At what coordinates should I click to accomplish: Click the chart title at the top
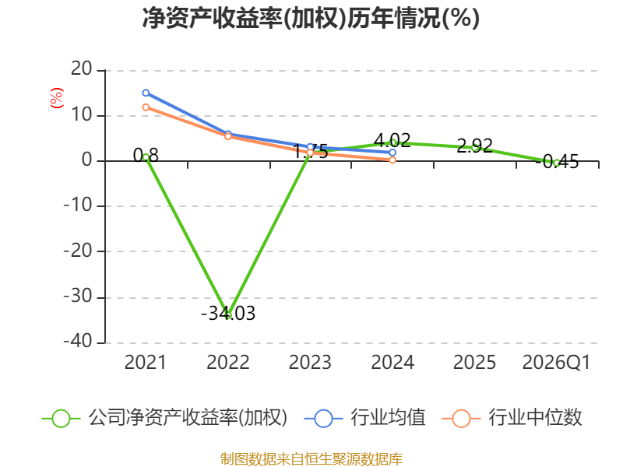pyautogui.click(x=311, y=18)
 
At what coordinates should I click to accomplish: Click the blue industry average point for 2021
pyautogui.click(x=146, y=93)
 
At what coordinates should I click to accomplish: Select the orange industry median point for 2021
pyautogui.click(x=146, y=107)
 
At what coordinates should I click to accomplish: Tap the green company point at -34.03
pyautogui.click(x=228, y=315)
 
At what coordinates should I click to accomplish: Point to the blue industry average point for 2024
pyautogui.click(x=392, y=153)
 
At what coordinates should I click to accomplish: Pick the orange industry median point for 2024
pyautogui.click(x=392, y=160)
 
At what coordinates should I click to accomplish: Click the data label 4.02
pyautogui.click(x=392, y=140)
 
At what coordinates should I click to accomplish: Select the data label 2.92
pyautogui.click(x=474, y=146)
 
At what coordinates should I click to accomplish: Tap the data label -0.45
pyautogui.click(x=557, y=162)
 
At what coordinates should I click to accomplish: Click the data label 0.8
pyautogui.click(x=146, y=155)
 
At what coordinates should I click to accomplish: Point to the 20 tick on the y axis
pyautogui.click(x=82, y=69)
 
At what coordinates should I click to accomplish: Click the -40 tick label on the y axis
pyautogui.click(x=78, y=341)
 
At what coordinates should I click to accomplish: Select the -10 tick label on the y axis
pyautogui.click(x=78, y=205)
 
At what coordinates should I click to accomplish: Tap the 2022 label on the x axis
pyautogui.click(x=228, y=363)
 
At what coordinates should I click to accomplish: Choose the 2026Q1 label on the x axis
pyautogui.click(x=556, y=363)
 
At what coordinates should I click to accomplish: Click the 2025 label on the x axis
pyautogui.click(x=474, y=363)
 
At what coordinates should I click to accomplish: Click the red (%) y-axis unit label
pyautogui.click(x=56, y=98)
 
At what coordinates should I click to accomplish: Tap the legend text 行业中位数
pyautogui.click(x=535, y=418)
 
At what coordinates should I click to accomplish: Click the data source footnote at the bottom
pyautogui.click(x=311, y=458)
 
